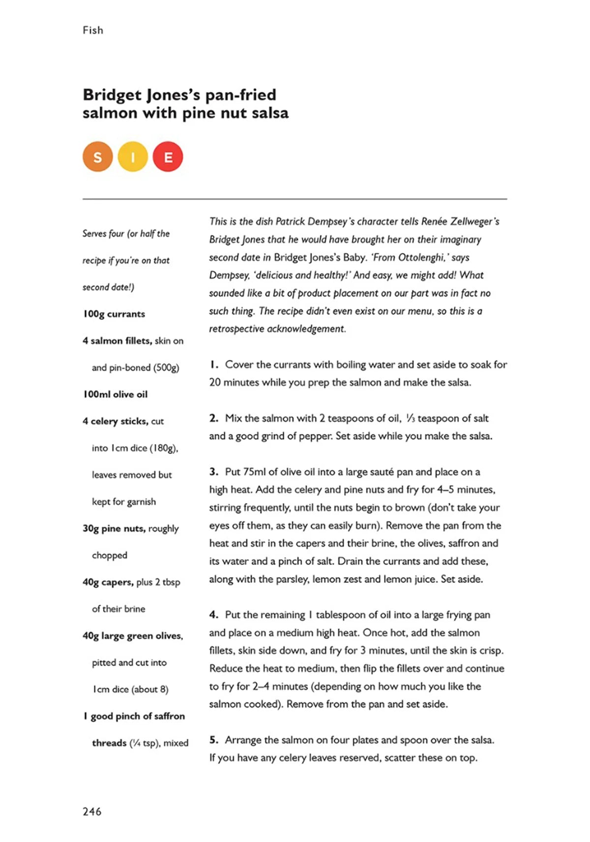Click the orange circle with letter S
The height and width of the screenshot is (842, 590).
(x=97, y=157)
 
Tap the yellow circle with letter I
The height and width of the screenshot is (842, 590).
(x=133, y=157)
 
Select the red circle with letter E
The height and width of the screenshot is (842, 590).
(x=168, y=157)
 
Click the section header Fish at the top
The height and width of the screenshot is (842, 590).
(x=93, y=30)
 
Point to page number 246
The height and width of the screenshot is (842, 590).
(x=92, y=812)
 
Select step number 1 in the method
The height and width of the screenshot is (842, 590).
(x=213, y=365)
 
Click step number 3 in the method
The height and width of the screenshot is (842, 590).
(x=213, y=472)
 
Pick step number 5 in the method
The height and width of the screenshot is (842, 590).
(x=213, y=740)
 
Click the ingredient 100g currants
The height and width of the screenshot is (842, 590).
(x=114, y=314)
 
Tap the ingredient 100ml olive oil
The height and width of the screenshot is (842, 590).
(x=115, y=394)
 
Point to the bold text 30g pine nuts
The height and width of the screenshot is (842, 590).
(x=114, y=529)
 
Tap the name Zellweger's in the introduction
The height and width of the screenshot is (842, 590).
(x=475, y=222)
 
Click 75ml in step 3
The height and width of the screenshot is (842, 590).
(x=255, y=472)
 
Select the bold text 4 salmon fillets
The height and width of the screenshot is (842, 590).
(x=117, y=341)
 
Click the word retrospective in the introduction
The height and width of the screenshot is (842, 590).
(x=236, y=329)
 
